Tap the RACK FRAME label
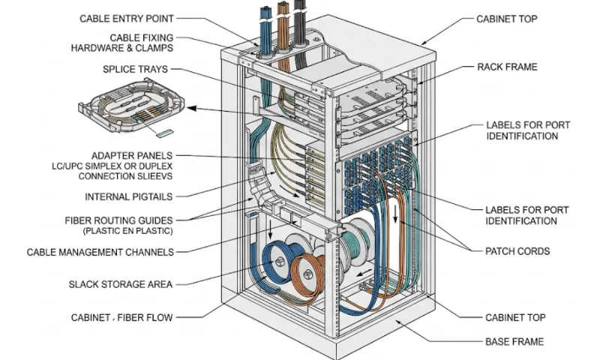[507, 67]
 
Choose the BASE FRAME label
[514, 342]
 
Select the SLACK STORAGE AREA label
[121, 284]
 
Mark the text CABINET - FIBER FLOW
[121, 317]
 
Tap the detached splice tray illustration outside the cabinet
[130, 109]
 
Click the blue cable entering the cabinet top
[265, 22]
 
